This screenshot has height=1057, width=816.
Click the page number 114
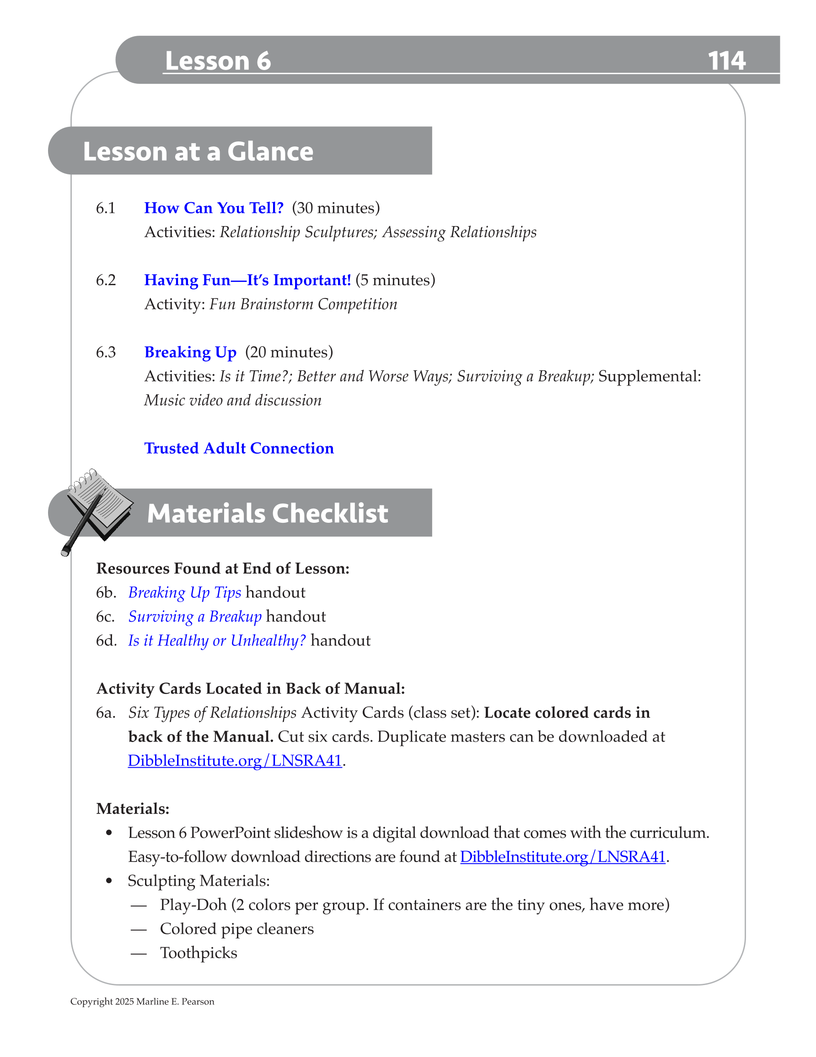(x=726, y=61)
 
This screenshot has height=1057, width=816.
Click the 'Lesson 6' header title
(x=218, y=61)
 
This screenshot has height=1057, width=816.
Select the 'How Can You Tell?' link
(x=214, y=208)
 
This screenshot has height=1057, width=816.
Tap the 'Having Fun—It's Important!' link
(x=247, y=280)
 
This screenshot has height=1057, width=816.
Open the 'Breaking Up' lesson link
(x=190, y=352)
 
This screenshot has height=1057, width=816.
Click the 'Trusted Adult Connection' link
(x=239, y=448)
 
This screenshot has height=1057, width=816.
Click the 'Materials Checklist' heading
(x=267, y=513)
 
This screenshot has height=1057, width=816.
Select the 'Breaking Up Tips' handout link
(x=184, y=592)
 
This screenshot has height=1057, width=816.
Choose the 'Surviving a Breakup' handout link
(x=194, y=617)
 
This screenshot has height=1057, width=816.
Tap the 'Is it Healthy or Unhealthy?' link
(x=217, y=640)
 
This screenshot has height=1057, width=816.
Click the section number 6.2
(x=106, y=280)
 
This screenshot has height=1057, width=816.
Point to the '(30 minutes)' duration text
(x=336, y=208)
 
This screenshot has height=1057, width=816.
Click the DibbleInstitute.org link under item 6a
(x=235, y=760)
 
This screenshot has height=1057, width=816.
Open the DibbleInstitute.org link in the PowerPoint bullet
(x=563, y=856)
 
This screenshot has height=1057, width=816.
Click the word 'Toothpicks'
(x=199, y=953)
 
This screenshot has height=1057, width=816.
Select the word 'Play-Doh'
(x=193, y=905)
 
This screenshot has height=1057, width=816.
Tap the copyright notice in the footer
(x=142, y=1001)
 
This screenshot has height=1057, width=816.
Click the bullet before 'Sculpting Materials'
(x=109, y=881)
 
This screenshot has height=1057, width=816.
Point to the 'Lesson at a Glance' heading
(x=198, y=152)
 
